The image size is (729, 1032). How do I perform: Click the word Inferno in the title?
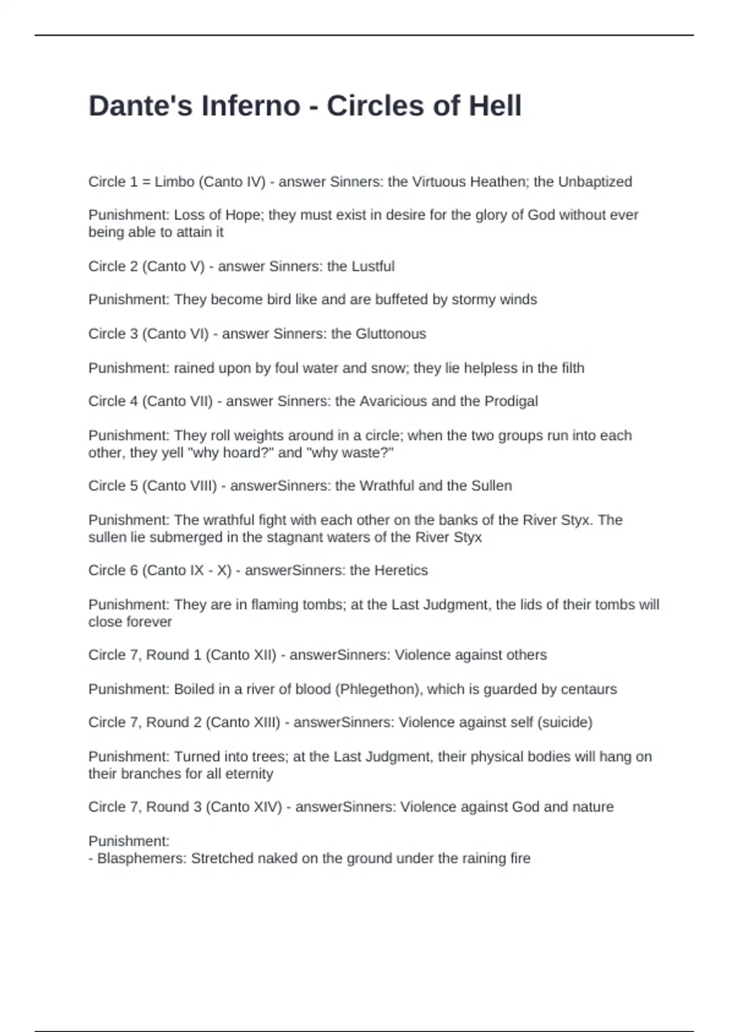[251, 106]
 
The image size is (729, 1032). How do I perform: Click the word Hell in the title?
[495, 106]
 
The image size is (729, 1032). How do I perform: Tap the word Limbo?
[174, 182]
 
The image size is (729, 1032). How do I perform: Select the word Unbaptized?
[595, 182]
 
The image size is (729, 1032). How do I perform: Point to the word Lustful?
[373, 266]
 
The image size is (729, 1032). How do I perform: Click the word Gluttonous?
[391, 334]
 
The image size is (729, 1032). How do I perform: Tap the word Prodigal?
[511, 401]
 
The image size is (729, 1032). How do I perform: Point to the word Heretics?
[401, 570]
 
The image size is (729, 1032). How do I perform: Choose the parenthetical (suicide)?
[561, 722]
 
